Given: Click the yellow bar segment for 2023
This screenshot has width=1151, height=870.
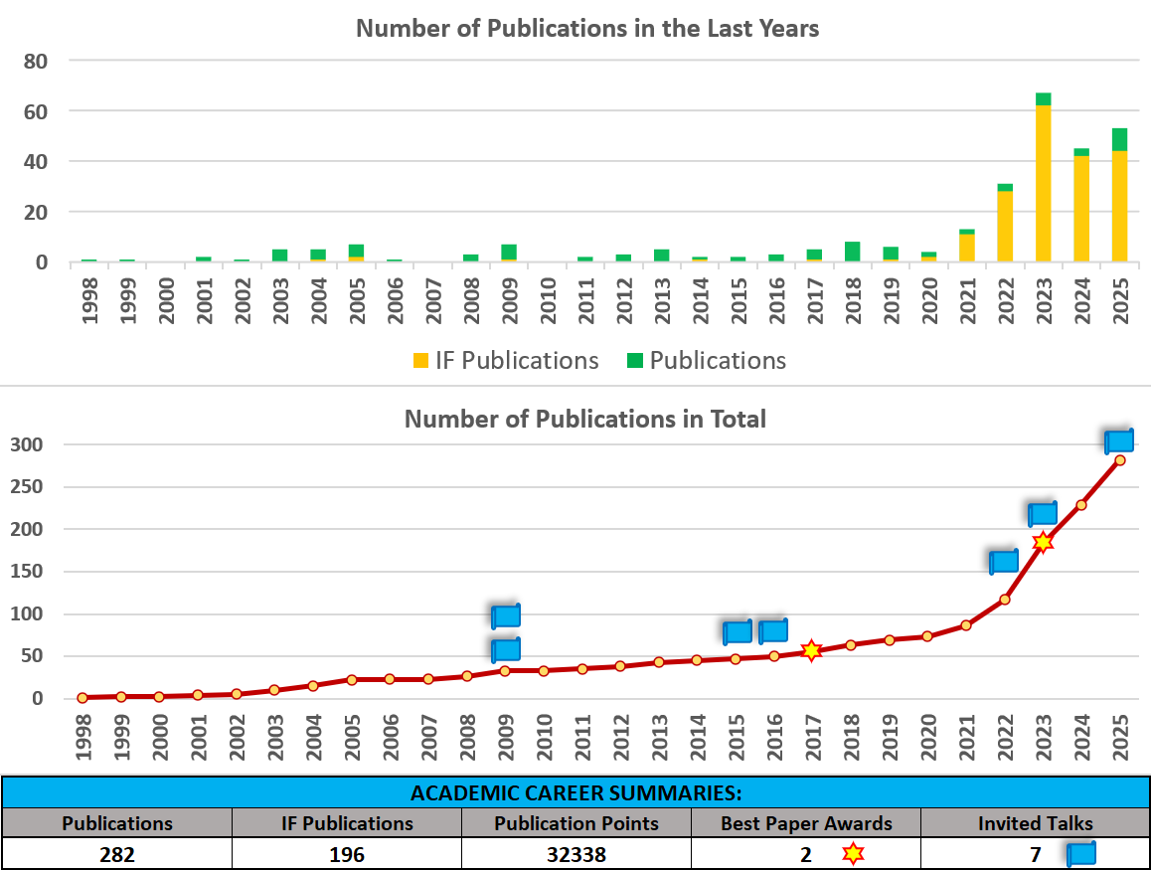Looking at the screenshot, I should pyautogui.click(x=1043, y=184).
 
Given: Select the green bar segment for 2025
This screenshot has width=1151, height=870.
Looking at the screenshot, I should pyautogui.click(x=1119, y=139).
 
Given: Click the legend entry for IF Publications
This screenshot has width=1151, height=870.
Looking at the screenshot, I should pyautogui.click(x=506, y=360).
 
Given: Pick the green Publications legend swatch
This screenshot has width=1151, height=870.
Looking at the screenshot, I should pyautogui.click(x=636, y=361).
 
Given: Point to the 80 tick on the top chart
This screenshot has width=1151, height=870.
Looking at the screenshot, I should pyautogui.click(x=36, y=61).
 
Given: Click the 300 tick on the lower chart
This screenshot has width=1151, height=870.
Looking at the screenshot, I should pyautogui.click(x=26, y=444).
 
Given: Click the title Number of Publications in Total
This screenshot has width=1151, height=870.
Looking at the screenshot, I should pyautogui.click(x=584, y=419).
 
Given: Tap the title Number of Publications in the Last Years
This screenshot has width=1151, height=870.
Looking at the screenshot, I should pyautogui.click(x=586, y=28).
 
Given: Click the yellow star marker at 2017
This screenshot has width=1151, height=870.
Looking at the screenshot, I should pyautogui.click(x=811, y=650).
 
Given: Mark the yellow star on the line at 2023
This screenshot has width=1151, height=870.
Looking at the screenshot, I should pyautogui.click(x=1043, y=542).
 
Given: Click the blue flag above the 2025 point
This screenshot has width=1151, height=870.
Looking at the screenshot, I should pyautogui.click(x=1119, y=440).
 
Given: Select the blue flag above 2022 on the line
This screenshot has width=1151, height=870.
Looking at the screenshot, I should pyautogui.click(x=1004, y=561).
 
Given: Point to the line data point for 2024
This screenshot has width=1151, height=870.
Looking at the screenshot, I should pyautogui.click(x=1081, y=505).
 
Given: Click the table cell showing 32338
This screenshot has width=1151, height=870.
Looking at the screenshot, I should pyautogui.click(x=575, y=854).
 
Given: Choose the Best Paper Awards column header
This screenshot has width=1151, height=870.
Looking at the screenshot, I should pyautogui.click(x=806, y=823).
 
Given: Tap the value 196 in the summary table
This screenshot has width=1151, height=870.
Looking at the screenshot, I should pyautogui.click(x=346, y=854).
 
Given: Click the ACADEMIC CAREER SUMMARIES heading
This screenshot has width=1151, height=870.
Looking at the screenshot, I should pyautogui.click(x=575, y=793).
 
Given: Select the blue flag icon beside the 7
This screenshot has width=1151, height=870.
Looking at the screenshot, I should pyautogui.click(x=1080, y=854).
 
